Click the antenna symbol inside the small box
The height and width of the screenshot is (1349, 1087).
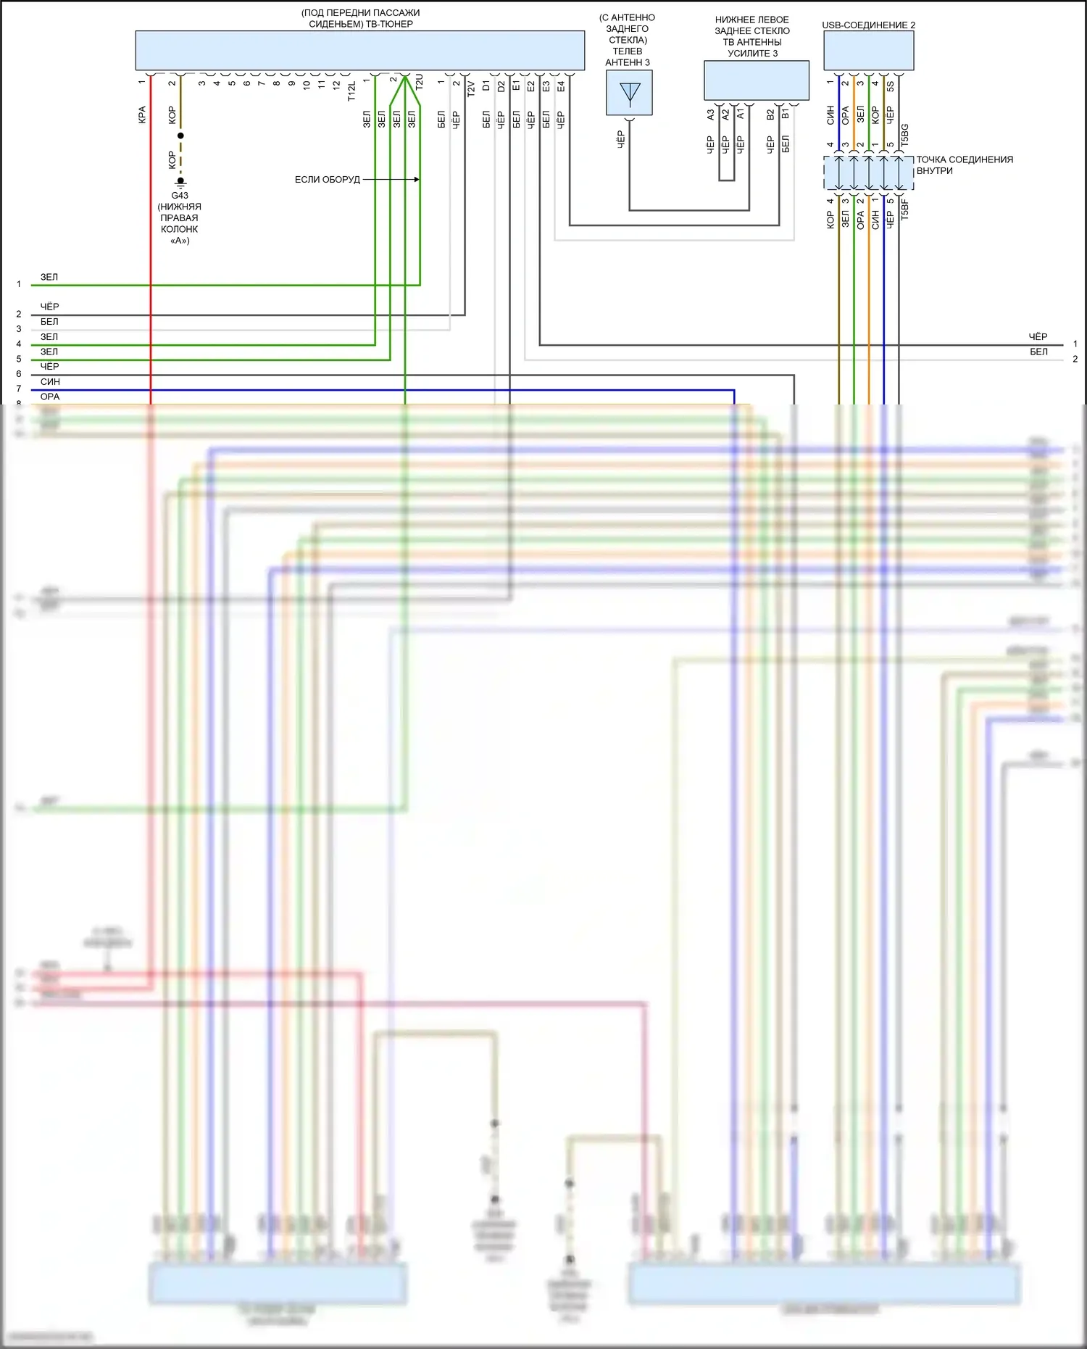point(630,94)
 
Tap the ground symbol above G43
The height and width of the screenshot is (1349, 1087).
point(180,183)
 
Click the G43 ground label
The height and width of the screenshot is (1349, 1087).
point(180,196)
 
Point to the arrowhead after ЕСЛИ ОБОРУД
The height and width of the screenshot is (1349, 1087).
point(417,179)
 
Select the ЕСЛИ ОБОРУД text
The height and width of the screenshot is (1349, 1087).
point(327,180)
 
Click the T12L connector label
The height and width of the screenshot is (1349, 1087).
point(351,91)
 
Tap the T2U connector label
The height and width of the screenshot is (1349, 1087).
point(419,82)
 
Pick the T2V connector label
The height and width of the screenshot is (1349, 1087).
point(471,88)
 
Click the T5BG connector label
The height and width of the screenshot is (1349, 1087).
point(904,136)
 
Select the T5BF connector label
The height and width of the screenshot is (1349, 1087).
point(904,209)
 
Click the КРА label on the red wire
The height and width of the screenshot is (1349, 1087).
point(142,115)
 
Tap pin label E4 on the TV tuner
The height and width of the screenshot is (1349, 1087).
point(561,86)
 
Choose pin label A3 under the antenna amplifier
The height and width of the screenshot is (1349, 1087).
point(710,115)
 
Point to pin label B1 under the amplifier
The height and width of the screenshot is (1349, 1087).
point(786,115)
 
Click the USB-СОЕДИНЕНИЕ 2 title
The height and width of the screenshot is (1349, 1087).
point(868,25)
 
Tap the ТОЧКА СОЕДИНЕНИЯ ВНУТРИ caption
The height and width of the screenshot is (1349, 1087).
point(964,165)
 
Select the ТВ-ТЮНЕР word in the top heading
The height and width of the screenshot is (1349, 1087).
point(390,24)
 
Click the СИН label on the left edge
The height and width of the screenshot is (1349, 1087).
point(50,382)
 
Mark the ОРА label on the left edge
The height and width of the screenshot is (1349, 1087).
point(50,397)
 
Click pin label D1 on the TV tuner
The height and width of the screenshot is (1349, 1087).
point(486,86)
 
